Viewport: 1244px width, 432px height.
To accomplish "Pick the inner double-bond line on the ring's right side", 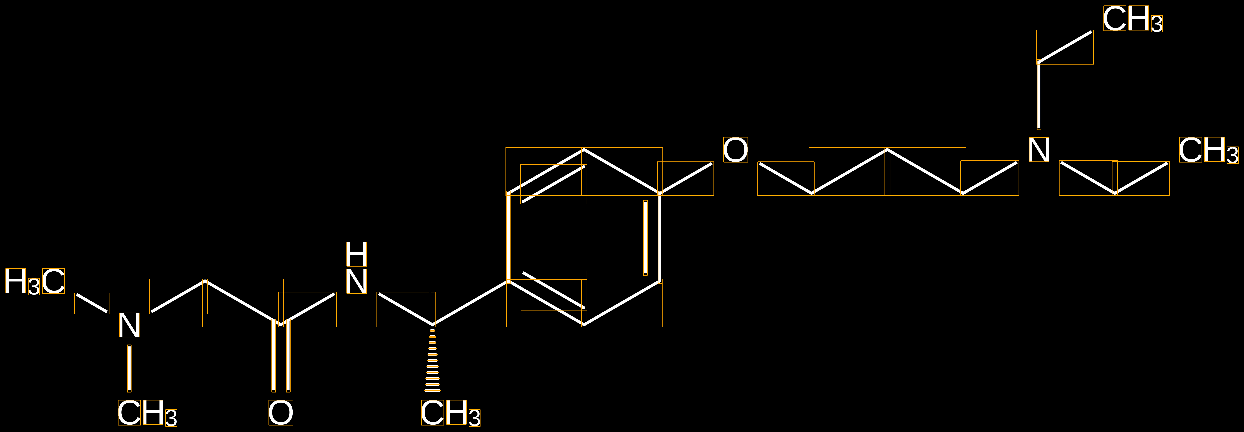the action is tap(645, 237).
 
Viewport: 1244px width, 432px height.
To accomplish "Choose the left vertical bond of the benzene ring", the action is tap(508, 237).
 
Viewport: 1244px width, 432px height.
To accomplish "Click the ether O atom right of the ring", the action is tap(736, 150).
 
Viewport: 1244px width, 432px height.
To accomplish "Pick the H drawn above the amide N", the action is tap(356, 254).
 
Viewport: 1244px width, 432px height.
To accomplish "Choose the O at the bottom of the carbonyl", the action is tap(280, 413).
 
